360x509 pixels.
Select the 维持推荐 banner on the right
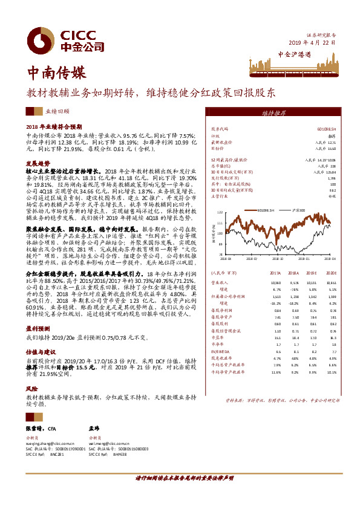(x=274, y=112)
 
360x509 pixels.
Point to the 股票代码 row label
(x=219, y=129)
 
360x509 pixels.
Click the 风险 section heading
(x=31, y=389)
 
